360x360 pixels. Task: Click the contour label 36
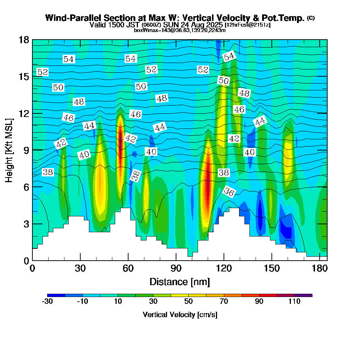point(229,192)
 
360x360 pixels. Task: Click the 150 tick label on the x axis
point(271,269)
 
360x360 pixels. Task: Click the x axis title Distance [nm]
point(180,281)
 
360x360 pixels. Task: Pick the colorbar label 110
point(294,302)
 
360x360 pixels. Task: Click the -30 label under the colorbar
point(48,302)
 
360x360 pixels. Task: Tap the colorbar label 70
point(224,302)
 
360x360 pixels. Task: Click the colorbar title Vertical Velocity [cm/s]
point(180,315)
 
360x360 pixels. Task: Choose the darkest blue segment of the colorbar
point(56,295)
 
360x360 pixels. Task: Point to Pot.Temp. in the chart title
point(287,18)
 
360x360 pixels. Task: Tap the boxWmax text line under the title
point(180,30)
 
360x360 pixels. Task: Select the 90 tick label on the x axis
point(176,269)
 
